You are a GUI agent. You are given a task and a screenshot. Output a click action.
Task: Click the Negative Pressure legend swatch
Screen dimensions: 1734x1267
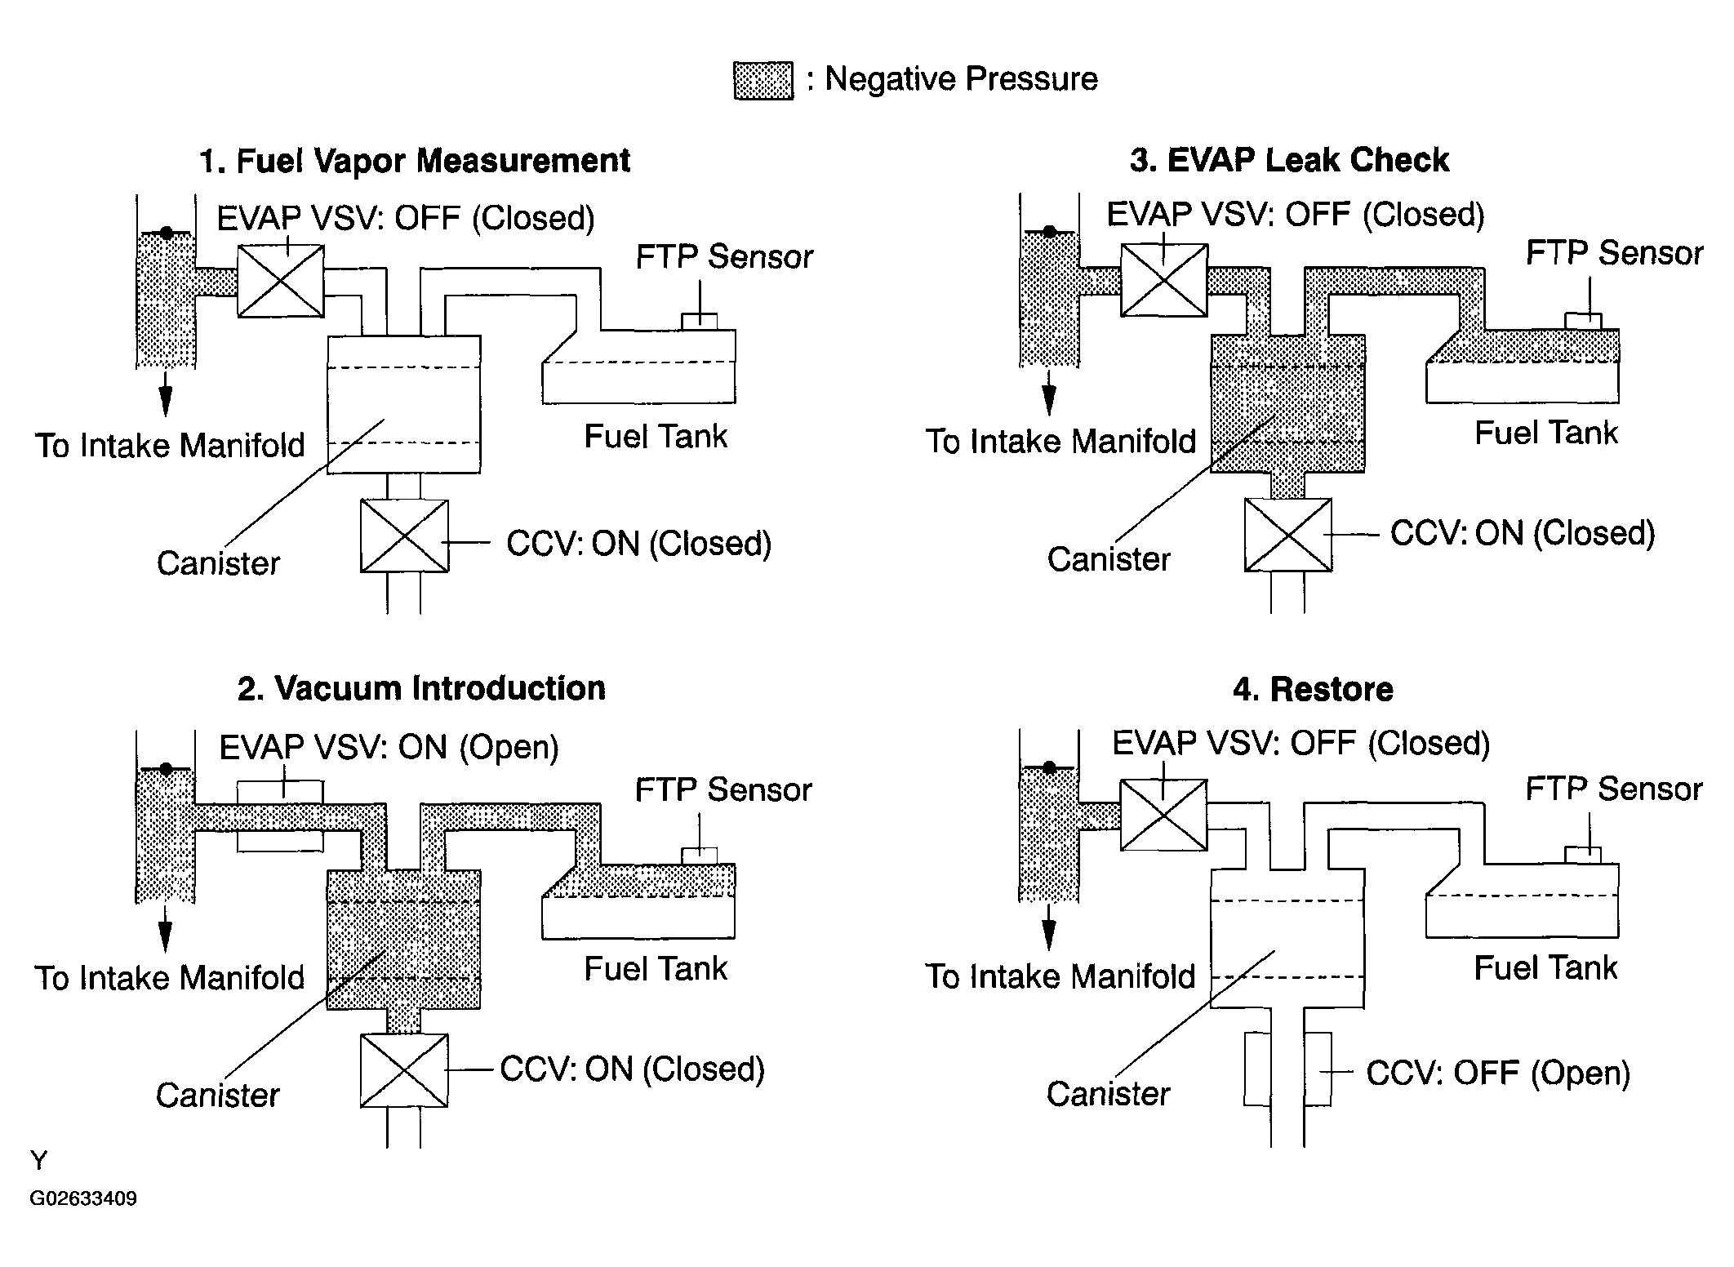tap(763, 80)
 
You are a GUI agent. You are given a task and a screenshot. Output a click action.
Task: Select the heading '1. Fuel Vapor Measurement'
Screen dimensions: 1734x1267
tap(415, 161)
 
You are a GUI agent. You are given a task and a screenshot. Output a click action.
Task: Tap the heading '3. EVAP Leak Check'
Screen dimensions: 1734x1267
tap(1290, 160)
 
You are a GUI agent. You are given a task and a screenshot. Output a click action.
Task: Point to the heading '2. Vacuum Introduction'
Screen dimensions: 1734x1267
tap(421, 688)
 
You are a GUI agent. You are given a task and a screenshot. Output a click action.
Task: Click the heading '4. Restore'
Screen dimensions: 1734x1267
tap(1313, 689)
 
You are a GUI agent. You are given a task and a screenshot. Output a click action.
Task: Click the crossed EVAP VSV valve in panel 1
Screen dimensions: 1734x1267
tap(281, 281)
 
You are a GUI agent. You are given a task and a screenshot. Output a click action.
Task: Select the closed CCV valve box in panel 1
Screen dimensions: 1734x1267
tap(404, 536)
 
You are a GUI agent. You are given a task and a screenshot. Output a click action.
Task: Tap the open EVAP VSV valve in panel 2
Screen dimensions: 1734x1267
tap(280, 816)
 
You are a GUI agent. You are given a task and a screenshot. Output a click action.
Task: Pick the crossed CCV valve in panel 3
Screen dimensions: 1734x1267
tap(1287, 535)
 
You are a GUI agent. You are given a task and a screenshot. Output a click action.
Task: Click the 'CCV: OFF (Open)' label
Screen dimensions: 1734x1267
tap(1498, 1073)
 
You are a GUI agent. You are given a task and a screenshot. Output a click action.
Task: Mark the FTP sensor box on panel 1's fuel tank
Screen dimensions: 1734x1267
tap(700, 322)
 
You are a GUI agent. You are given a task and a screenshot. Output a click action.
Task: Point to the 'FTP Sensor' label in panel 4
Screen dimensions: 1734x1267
tap(1614, 789)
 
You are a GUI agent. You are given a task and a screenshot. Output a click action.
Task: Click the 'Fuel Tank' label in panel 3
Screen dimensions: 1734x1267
tap(1545, 433)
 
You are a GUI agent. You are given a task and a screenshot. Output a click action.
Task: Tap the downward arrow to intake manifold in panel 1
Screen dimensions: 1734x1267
tap(166, 394)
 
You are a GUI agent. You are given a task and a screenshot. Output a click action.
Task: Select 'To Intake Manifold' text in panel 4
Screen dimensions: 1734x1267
tap(1060, 976)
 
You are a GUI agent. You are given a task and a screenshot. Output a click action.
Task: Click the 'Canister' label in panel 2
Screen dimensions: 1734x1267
tap(218, 1095)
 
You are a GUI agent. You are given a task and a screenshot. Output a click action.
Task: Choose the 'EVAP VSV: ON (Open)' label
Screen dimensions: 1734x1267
tap(389, 747)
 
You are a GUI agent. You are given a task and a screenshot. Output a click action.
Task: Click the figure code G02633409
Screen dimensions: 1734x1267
tap(83, 1198)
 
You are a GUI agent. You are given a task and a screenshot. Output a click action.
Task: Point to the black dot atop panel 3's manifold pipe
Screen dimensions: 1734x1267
tap(1050, 232)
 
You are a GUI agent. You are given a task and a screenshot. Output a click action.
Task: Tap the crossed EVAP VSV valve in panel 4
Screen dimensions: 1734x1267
tap(1163, 815)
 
